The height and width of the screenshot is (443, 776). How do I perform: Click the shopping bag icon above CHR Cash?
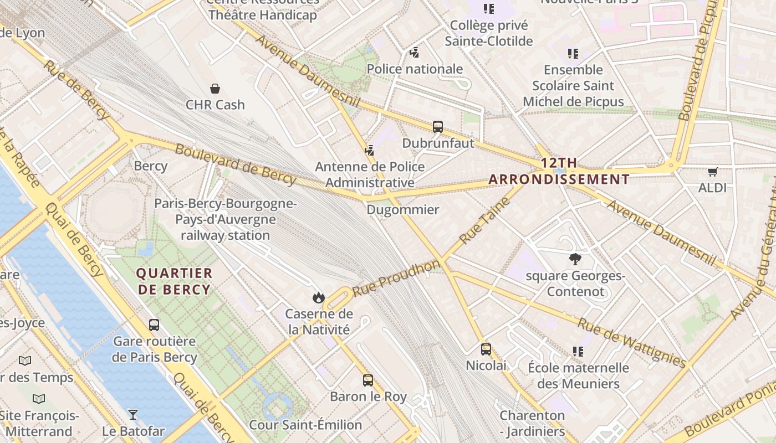[215, 89]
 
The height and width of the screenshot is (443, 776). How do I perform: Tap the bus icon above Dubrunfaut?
[438, 127]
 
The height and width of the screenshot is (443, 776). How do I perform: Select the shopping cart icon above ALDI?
[712, 172]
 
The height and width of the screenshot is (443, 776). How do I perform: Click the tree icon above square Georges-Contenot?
[575, 259]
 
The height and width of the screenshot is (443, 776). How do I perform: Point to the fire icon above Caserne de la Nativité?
[318, 298]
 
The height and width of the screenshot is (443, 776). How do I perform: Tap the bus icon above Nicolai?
[486, 349]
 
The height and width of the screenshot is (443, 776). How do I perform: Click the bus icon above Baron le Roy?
[368, 380]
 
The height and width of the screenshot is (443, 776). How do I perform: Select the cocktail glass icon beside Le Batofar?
[133, 414]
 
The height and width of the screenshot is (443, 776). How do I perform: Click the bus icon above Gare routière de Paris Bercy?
[154, 325]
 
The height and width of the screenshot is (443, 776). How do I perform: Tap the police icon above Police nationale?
[415, 53]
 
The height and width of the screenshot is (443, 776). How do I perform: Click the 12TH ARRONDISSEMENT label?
[560, 171]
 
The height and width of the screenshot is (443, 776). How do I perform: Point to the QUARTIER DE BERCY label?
[174, 281]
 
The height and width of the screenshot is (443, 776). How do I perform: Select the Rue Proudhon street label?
[396, 279]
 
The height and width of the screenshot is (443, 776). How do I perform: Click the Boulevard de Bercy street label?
[236, 164]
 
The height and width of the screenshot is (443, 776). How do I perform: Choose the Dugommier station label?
[403, 210]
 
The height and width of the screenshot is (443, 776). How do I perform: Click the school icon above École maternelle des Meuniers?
[578, 352]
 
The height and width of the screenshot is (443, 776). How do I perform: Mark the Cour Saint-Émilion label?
[305, 425]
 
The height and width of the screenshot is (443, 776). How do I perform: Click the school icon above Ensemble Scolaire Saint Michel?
[573, 54]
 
